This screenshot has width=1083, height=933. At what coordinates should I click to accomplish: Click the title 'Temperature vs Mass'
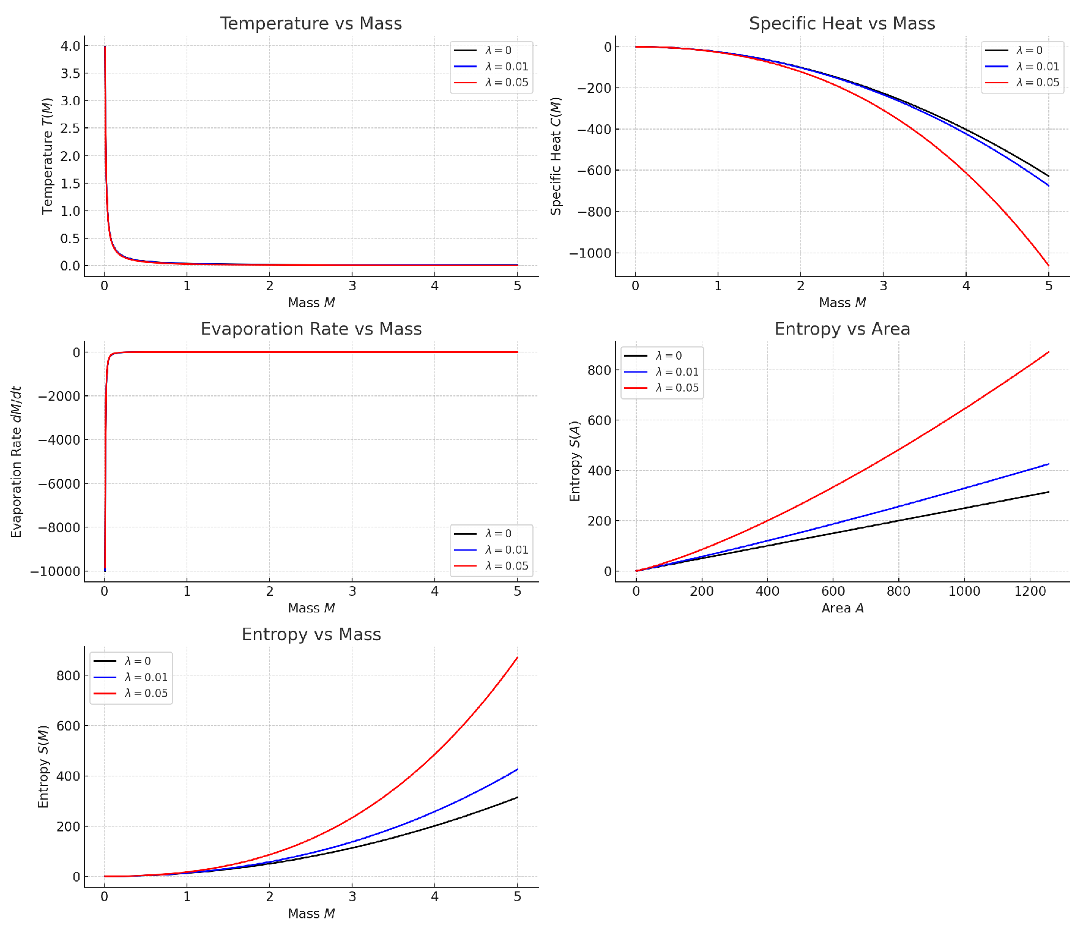click(x=311, y=24)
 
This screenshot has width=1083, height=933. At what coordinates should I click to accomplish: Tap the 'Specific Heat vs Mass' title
click(x=842, y=24)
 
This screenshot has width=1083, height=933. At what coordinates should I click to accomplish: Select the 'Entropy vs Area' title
click(x=842, y=329)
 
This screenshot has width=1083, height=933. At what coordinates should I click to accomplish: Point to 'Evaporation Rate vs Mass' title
click(x=311, y=329)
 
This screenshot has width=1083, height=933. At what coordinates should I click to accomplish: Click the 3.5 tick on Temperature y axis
click(x=70, y=73)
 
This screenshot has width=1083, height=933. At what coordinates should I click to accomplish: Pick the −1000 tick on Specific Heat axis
click(x=590, y=253)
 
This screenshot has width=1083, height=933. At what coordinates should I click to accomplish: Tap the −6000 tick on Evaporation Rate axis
click(x=59, y=484)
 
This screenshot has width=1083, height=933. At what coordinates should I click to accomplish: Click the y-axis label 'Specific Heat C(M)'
click(x=556, y=157)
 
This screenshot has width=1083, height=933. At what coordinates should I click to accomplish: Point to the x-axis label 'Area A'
click(x=842, y=608)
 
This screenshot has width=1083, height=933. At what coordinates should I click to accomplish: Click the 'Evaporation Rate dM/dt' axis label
click(x=17, y=462)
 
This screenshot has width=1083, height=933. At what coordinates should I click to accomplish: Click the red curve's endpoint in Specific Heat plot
click(x=1049, y=266)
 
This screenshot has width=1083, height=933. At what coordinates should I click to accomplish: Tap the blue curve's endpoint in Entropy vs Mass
click(x=518, y=769)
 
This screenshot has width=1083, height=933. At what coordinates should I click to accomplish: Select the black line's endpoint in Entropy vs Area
click(x=1049, y=492)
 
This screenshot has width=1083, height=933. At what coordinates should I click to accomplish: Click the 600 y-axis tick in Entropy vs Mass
click(x=68, y=726)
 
